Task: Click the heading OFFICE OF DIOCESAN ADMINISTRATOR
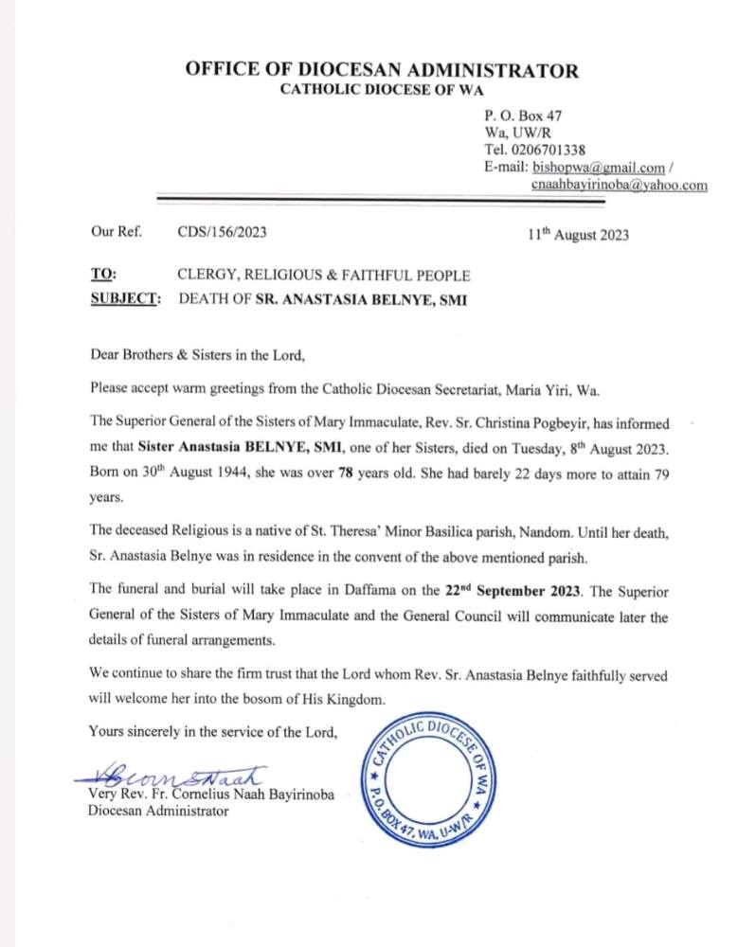(382, 70)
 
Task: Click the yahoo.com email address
(619, 186)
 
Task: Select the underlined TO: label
(103, 276)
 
